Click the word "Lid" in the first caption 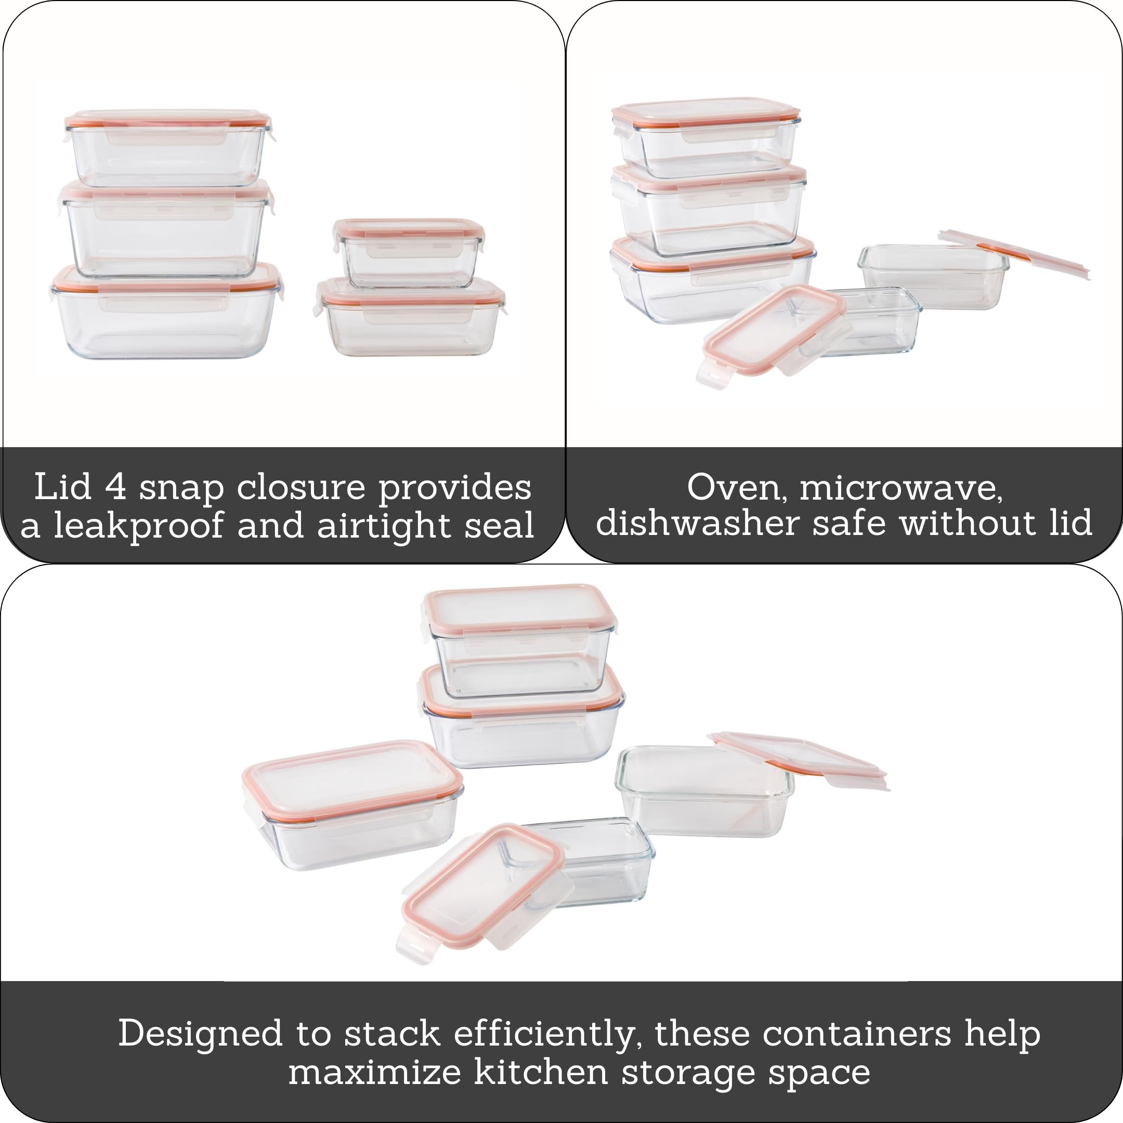[63, 487]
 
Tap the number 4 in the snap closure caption [115, 487]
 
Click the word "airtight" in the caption [384, 525]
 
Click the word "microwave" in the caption [902, 488]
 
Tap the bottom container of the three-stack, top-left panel [167, 311]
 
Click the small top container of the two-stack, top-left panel [409, 253]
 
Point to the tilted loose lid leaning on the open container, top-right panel [1014, 254]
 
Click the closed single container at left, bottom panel [352, 805]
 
